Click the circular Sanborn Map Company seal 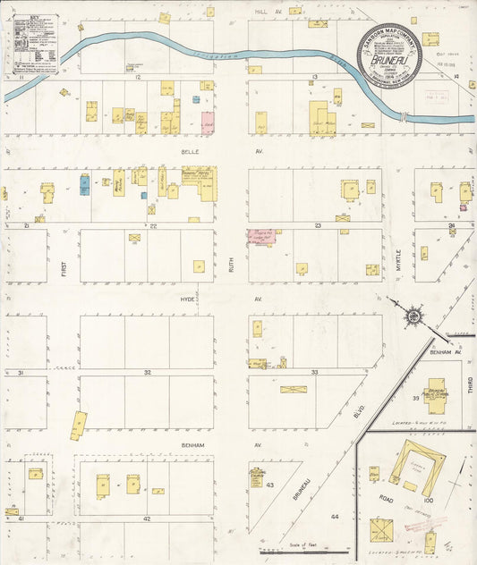(389, 55)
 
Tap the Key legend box (35, 43)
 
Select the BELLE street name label (189, 152)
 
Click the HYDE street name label (187, 299)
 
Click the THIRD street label (468, 385)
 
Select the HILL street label (261, 12)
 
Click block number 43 (269, 485)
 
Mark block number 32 (147, 371)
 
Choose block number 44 (335, 517)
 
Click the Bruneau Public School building (436, 394)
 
